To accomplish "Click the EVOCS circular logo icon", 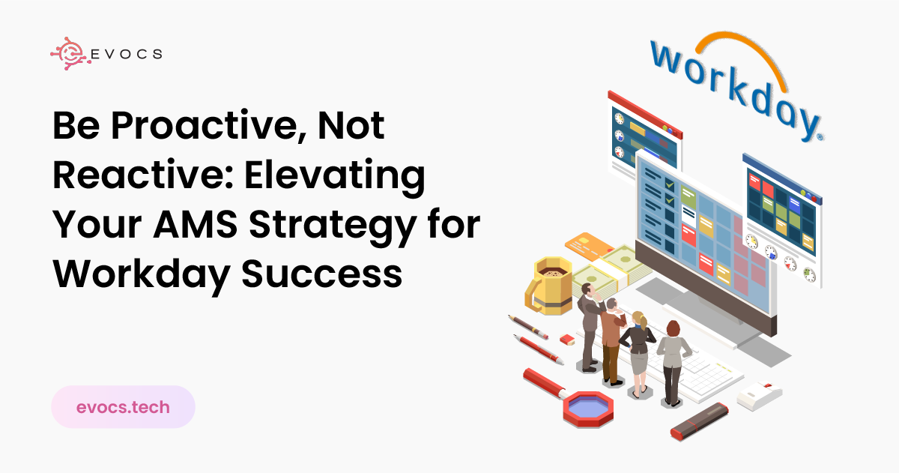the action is pos(69,53).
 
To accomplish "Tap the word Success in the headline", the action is pos(321,274).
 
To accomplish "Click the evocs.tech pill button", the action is pos(123,407).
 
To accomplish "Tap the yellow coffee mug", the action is pos(548,285).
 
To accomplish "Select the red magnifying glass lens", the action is pos(588,409).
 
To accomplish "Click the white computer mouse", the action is pos(760,395).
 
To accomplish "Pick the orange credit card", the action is pos(588,244).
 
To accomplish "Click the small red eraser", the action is pos(567,340).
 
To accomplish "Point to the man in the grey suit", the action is pos(590,328).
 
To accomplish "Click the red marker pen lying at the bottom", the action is pos(699,421).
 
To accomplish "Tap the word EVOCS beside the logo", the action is pos(127,54).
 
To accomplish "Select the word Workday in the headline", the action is pos(142,275).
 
